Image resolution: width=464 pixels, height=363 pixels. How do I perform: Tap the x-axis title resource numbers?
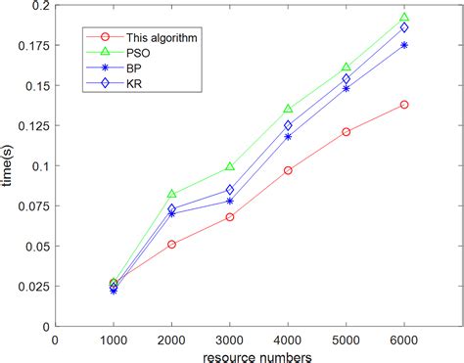coord(257,355)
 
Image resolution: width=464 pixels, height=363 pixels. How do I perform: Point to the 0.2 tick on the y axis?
coord(41,6)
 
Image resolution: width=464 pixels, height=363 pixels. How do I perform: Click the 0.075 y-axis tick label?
coord(33,206)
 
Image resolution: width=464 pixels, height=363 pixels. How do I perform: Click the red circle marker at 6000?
coord(403,105)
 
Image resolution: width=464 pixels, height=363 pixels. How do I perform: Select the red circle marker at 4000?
coord(288,170)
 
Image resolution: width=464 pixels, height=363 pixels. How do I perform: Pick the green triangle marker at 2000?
coord(171,195)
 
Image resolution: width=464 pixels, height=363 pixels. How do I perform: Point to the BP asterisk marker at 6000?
coord(403,45)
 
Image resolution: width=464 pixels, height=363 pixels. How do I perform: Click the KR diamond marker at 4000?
coord(288,125)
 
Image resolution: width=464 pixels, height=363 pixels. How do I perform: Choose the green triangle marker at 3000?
coord(229,167)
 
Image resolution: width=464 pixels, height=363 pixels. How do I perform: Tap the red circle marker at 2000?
coord(171,245)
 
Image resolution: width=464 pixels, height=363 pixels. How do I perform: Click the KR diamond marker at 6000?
coord(403,27)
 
